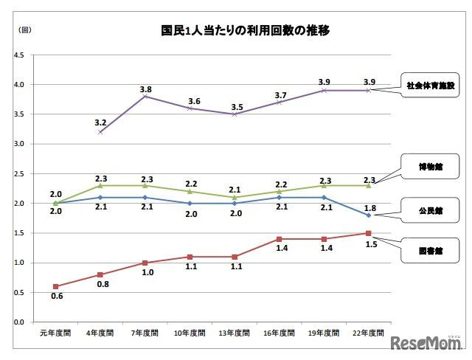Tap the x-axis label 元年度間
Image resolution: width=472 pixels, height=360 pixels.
click(55, 333)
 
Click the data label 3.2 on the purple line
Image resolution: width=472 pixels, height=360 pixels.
click(101, 122)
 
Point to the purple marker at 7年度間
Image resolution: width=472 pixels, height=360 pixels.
click(145, 96)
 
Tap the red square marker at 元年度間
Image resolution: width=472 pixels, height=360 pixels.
click(56, 286)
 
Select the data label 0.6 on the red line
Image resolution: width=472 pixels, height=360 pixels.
click(57, 297)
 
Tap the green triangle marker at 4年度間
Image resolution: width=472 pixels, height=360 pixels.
click(101, 185)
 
